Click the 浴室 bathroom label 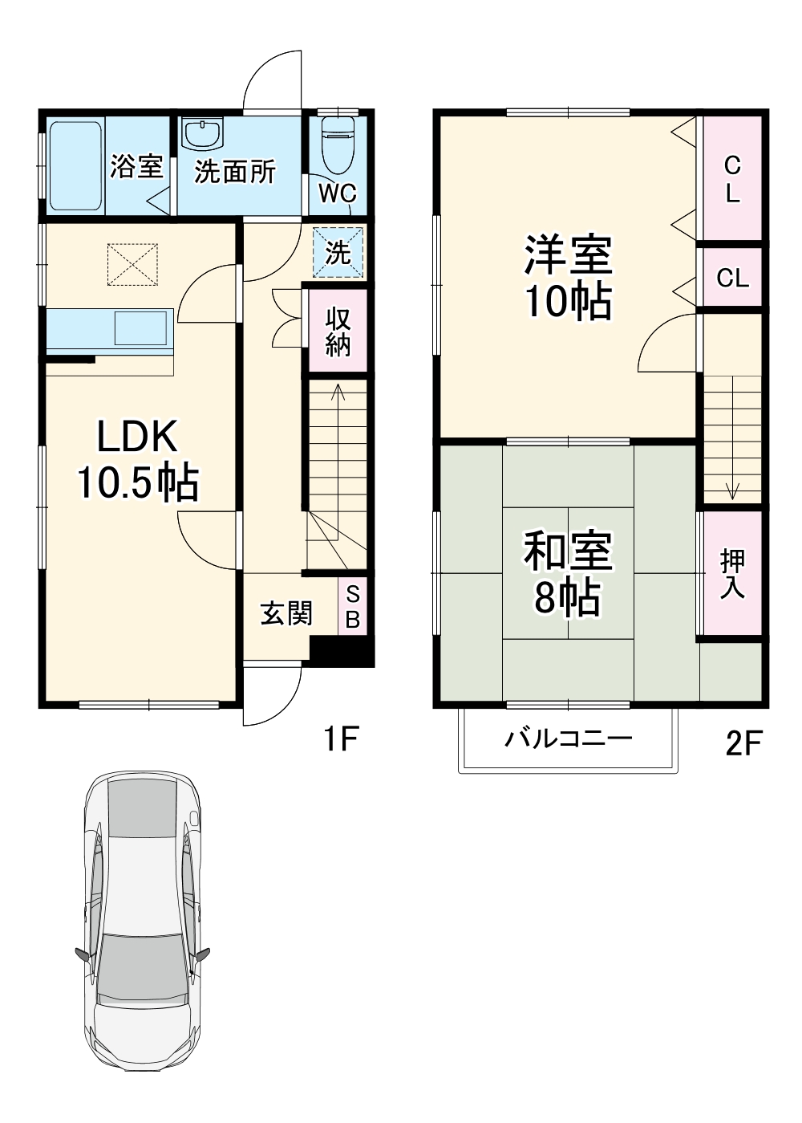click(x=136, y=166)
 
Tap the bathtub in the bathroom click(x=75, y=166)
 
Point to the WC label click(x=338, y=193)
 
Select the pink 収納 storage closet click(x=338, y=331)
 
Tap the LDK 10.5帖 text click(x=138, y=460)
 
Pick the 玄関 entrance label click(x=286, y=613)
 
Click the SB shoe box click(x=353, y=608)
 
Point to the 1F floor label click(x=340, y=738)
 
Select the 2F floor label click(x=743, y=743)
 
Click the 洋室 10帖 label click(x=568, y=277)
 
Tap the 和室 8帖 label click(x=568, y=573)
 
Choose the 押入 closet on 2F click(x=731, y=573)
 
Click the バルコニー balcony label click(x=568, y=738)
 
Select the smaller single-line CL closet click(x=731, y=278)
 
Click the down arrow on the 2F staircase click(x=732, y=490)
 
